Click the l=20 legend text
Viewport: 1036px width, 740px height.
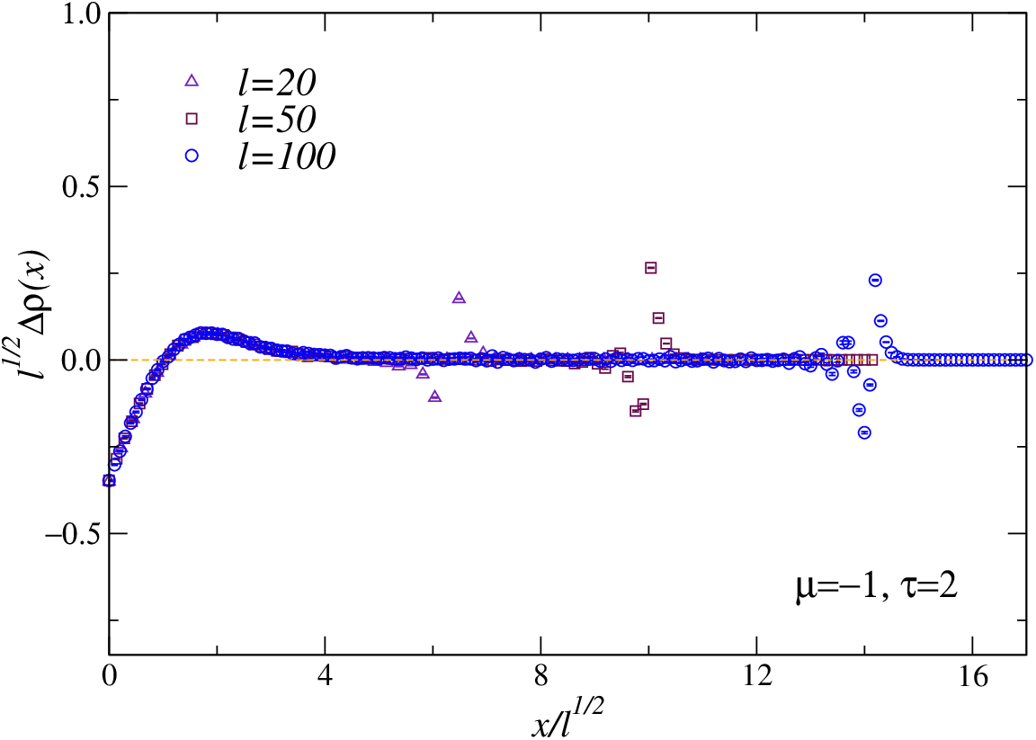(278, 82)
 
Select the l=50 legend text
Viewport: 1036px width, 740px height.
(278, 119)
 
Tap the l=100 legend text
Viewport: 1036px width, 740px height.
(287, 156)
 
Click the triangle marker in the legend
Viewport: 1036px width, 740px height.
(192, 81)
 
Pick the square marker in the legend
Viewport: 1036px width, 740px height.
(192, 119)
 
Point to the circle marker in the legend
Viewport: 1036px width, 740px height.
(192, 156)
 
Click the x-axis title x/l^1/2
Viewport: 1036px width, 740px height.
(567, 718)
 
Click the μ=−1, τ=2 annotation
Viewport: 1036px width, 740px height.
(876, 586)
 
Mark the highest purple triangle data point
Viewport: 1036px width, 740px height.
(460, 298)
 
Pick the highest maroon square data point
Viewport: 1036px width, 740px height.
(651, 268)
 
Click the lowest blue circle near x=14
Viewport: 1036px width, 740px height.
(864, 432)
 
